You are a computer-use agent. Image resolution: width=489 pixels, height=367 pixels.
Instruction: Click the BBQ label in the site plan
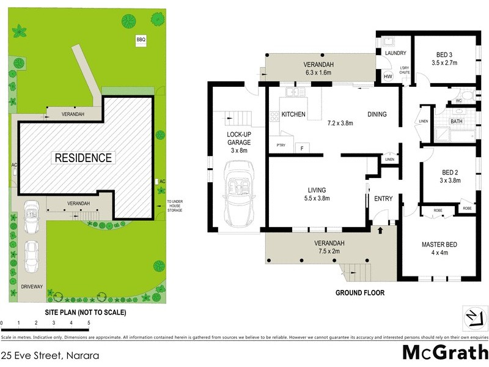[x=141, y=40]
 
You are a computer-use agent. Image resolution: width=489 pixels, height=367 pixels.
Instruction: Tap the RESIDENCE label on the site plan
[x=84, y=158]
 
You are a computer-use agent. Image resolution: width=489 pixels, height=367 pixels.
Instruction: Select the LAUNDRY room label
[x=395, y=53]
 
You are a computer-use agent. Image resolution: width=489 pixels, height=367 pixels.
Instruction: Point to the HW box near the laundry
[x=388, y=77]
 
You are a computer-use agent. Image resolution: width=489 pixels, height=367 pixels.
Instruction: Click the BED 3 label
[x=444, y=54]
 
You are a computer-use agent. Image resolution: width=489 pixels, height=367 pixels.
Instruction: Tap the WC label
[x=458, y=102]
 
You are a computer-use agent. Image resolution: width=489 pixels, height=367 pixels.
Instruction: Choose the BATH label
[x=457, y=121]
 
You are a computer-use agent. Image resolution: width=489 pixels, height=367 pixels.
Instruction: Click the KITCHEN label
[x=293, y=114]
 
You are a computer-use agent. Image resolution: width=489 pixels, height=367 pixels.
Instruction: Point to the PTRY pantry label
[x=281, y=145]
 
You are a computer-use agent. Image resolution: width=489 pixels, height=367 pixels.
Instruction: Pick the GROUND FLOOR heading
[x=360, y=292]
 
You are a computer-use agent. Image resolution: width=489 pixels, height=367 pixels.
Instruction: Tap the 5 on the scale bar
[x=89, y=322]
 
